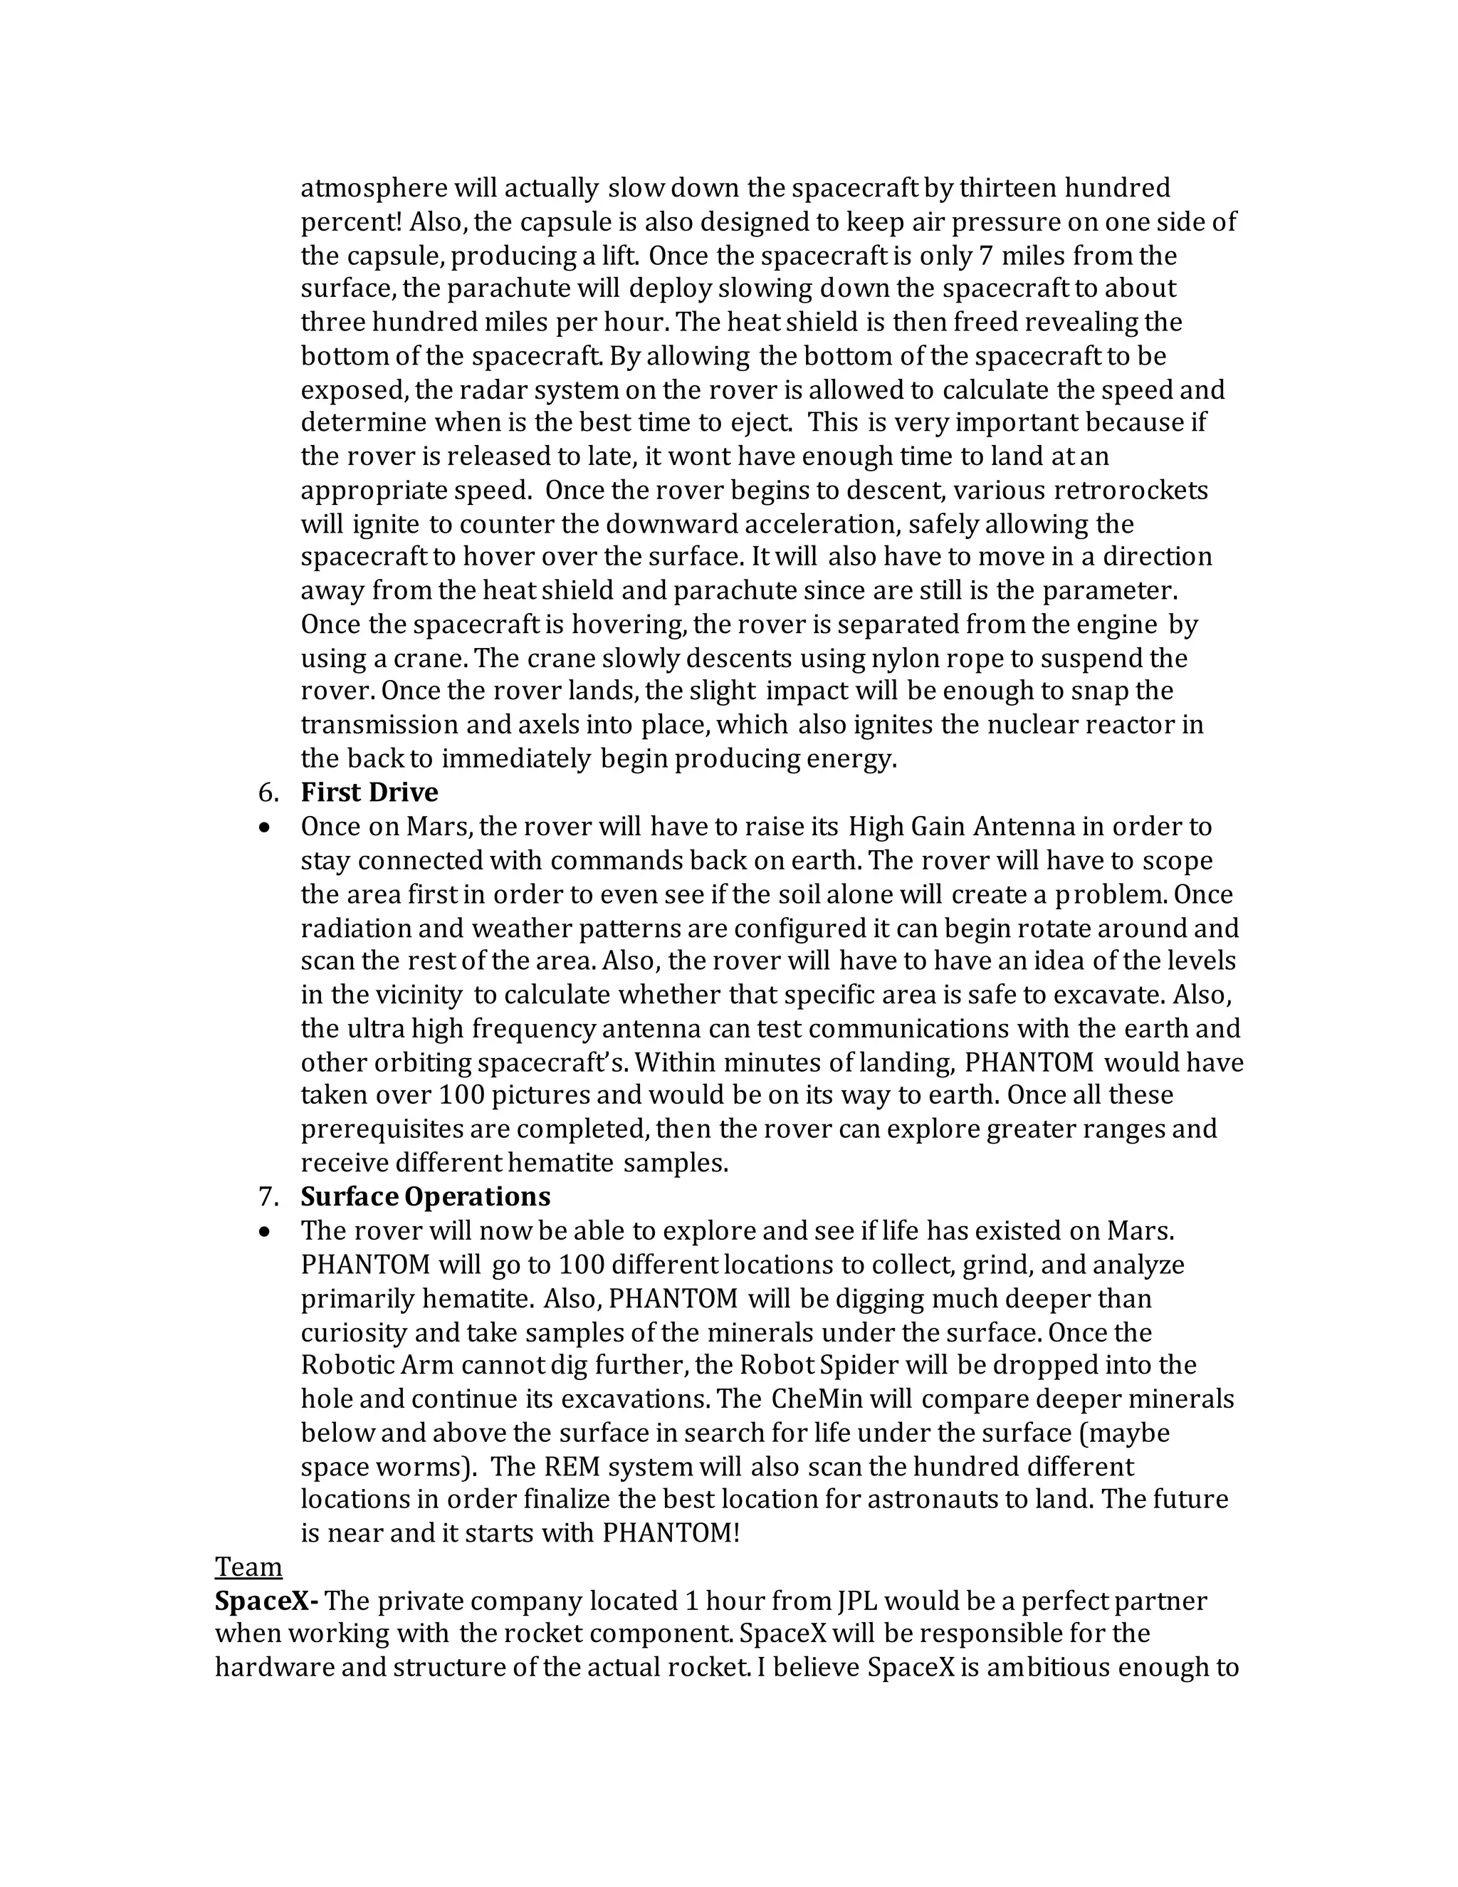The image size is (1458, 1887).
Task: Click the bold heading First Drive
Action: tap(369, 793)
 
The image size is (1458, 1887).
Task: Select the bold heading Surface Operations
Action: tap(425, 1197)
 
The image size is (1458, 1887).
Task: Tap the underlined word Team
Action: tap(248, 1567)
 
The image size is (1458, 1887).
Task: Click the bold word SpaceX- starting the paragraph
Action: tap(267, 1601)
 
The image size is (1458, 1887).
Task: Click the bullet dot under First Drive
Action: tap(265, 827)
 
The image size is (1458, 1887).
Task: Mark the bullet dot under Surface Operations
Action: tap(265, 1231)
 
